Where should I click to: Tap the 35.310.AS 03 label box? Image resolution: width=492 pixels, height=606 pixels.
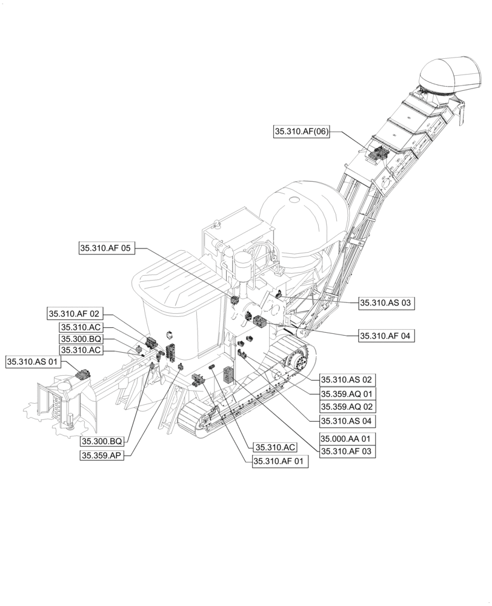[x=387, y=303]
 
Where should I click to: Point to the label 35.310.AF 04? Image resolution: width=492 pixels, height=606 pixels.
[x=387, y=336]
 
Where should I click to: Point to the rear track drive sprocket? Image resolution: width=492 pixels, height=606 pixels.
[x=299, y=361]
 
